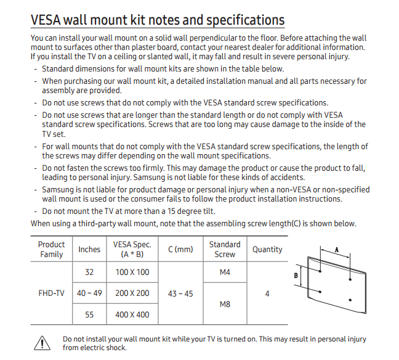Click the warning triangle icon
point(41,343)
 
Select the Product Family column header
point(51,249)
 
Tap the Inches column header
point(89,249)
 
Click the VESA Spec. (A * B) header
point(132,249)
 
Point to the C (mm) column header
point(180,249)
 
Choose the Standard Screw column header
point(225,249)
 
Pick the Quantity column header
point(267,249)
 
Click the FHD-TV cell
point(51,293)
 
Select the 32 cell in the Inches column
point(89,272)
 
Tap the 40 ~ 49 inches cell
point(89,293)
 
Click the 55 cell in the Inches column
point(89,314)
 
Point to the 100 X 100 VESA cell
point(132,272)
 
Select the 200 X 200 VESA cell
point(132,293)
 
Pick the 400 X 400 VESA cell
point(132,314)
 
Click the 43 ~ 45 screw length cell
point(180,293)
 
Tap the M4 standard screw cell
point(225,272)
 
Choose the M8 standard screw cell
point(225,304)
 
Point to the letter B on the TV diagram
point(296,276)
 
